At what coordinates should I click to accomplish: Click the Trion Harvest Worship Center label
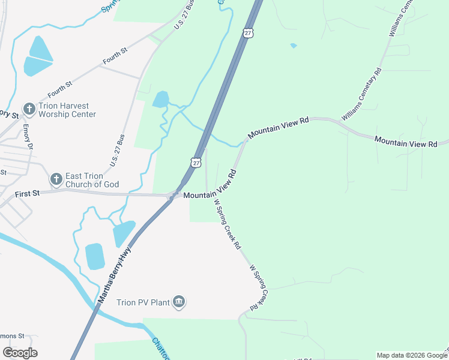[x=67, y=110]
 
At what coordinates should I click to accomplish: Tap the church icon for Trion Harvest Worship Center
[x=28, y=109]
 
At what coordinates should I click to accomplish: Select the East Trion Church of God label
[x=92, y=180]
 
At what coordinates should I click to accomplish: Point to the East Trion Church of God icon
[x=56, y=179]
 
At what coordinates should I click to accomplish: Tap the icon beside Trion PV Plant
[x=178, y=301]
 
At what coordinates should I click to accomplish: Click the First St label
[x=27, y=193]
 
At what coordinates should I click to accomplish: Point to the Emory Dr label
[x=28, y=137]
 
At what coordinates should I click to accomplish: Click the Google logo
[x=20, y=353]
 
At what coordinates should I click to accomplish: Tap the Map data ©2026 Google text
[x=411, y=355]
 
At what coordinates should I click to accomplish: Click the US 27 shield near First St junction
[x=196, y=162]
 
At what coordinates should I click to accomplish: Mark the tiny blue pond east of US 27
[x=293, y=46]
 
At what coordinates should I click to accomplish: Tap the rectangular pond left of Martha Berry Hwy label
[x=95, y=256]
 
